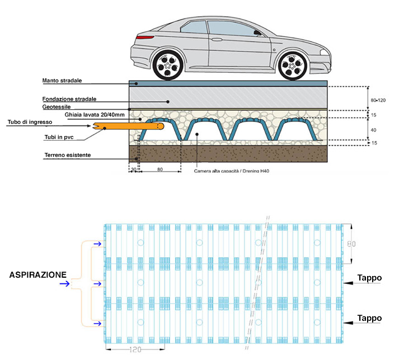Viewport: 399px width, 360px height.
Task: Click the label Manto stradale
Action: point(62,81)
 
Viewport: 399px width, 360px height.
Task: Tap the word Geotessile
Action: point(56,107)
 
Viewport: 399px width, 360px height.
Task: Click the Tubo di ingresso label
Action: point(30,122)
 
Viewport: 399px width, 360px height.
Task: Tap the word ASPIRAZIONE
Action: point(37,275)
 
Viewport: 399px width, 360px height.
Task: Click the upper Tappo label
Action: point(370,278)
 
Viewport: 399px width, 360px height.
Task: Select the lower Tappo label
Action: point(370,318)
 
